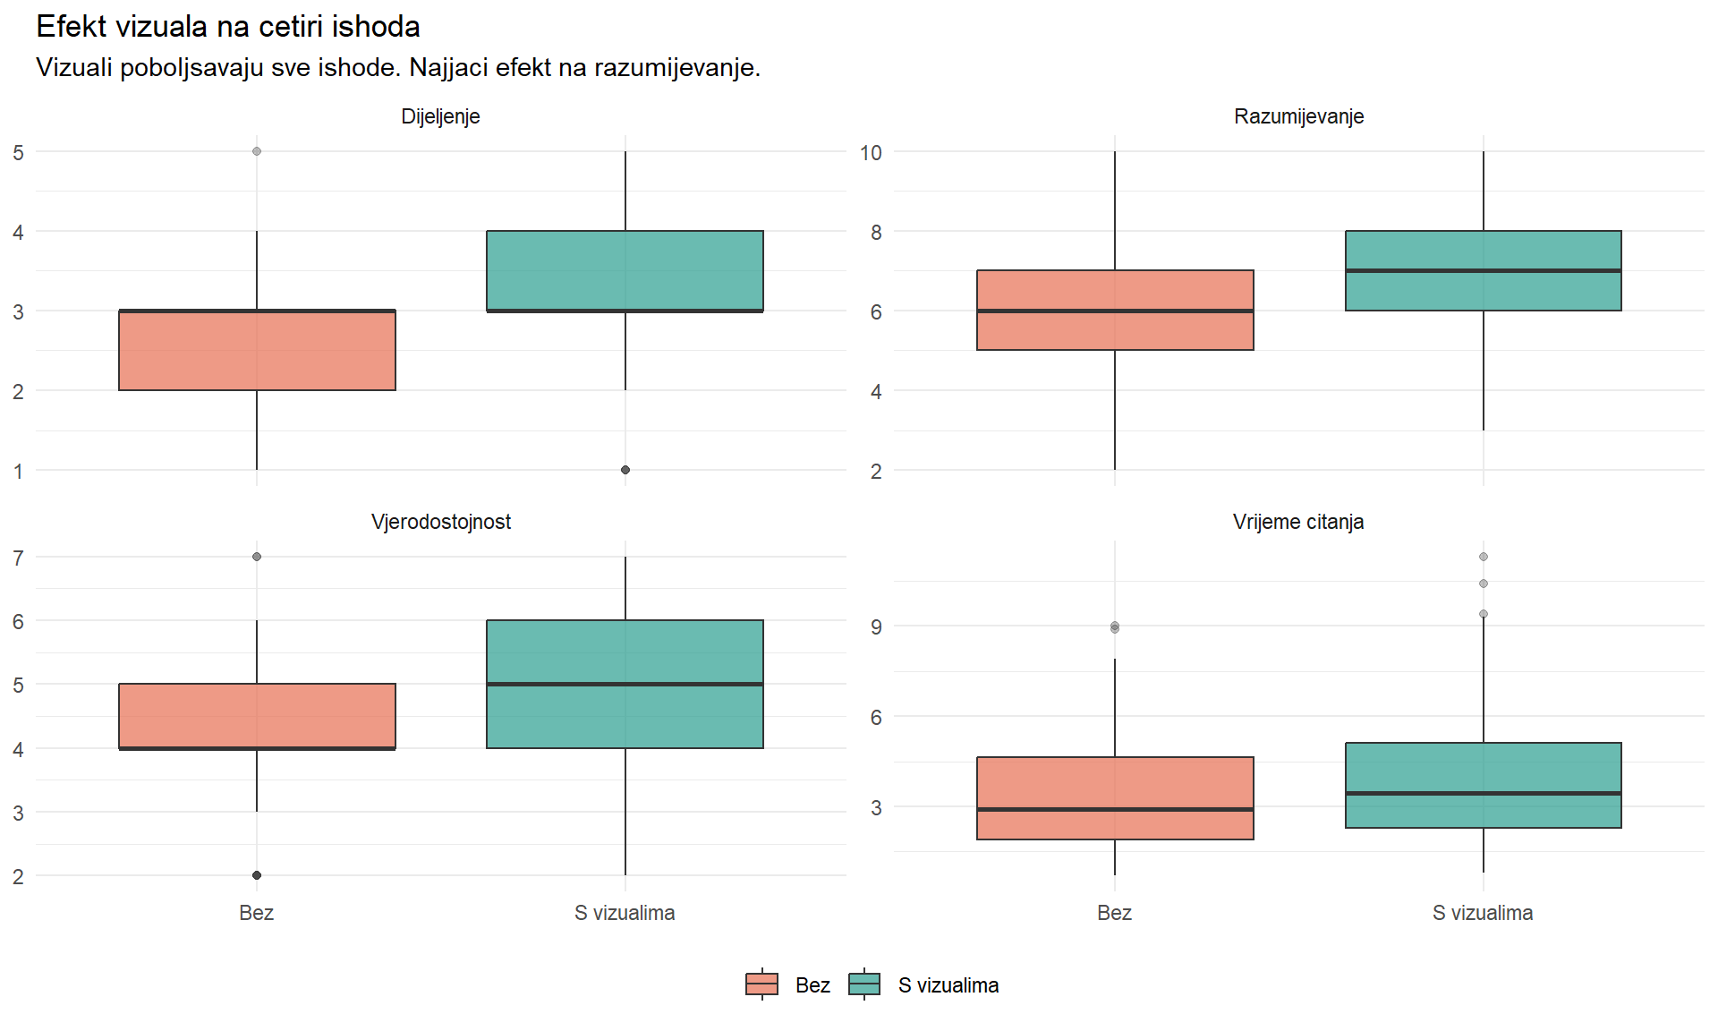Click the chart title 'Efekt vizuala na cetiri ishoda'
coord(228,27)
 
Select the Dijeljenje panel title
coord(440,116)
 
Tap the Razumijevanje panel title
coord(1298,116)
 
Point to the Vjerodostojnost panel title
coord(440,522)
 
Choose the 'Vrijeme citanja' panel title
coord(1298,522)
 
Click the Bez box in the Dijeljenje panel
coord(257,350)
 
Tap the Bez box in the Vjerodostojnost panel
coord(257,716)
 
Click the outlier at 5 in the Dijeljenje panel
coord(257,151)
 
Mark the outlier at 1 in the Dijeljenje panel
coord(625,470)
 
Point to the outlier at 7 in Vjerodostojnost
coord(257,557)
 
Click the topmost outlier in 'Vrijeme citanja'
coord(1484,557)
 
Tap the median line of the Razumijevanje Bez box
coord(1115,311)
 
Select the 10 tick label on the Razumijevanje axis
coord(871,153)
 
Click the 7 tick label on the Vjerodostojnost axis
coord(19,558)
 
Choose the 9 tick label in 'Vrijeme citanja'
coord(876,627)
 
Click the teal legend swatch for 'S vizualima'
coord(864,984)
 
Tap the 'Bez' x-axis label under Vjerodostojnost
coord(256,913)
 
